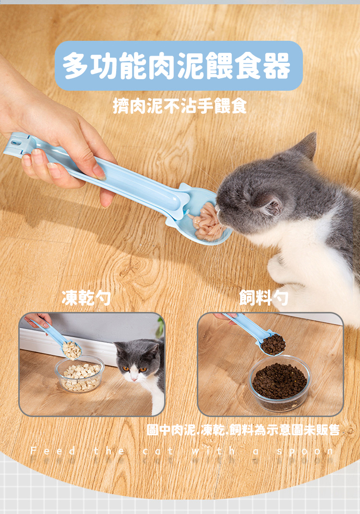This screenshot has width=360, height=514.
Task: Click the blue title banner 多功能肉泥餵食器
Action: click(x=179, y=66)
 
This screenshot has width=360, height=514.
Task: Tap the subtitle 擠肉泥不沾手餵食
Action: click(x=180, y=106)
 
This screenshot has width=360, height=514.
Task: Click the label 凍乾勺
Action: click(x=86, y=298)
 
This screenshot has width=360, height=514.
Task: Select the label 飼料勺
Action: click(x=264, y=298)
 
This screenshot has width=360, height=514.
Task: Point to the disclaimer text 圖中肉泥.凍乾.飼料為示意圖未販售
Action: click(x=243, y=430)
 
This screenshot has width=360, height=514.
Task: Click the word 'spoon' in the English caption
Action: click(x=305, y=451)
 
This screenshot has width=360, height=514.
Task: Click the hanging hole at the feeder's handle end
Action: click(x=15, y=143)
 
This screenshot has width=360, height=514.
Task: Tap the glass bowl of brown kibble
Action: click(x=279, y=383)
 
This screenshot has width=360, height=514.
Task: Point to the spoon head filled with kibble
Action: click(x=273, y=345)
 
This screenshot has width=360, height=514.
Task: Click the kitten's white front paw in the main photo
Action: click(x=279, y=267)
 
